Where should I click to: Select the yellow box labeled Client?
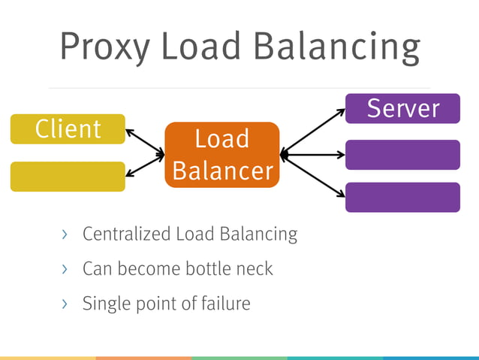(68, 129)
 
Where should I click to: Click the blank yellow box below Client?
(68, 177)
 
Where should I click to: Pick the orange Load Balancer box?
(221, 155)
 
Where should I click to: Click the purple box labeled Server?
(402, 108)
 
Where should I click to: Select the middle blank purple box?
(402, 155)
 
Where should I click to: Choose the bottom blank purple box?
(402, 197)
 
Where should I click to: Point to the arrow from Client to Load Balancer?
(145, 143)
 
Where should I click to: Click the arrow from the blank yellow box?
(145, 166)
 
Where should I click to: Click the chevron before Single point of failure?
(65, 304)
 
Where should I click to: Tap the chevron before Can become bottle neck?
(65, 268)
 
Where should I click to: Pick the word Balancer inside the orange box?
(222, 171)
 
